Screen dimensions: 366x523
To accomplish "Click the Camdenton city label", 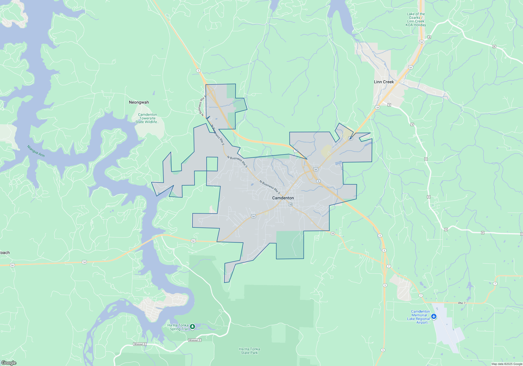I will [283, 198].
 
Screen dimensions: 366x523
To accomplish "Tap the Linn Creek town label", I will [384, 82].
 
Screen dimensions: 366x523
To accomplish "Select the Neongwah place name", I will [139, 102].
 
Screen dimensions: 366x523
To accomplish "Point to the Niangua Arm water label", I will [36, 151].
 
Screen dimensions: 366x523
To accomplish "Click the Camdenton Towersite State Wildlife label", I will [147, 118].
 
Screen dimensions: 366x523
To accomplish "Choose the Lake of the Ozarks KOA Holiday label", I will [416, 20].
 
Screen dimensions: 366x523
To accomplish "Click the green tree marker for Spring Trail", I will [192, 327].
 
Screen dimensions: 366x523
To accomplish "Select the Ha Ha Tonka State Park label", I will [249, 351].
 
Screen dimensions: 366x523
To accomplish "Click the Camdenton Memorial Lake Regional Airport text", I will [419, 317].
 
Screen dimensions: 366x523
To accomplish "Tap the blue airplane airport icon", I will [434, 317].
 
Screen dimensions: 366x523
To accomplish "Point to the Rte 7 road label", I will [462, 303].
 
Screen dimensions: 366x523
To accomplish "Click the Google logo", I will [9, 363].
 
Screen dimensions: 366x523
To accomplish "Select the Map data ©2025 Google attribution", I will [507, 364].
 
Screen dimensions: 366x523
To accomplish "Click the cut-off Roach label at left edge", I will [5, 253].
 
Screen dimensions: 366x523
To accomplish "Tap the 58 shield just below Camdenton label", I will [290, 204].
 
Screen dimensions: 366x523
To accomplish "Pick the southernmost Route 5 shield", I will [383, 350].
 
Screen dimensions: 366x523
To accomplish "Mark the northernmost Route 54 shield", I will [421, 42].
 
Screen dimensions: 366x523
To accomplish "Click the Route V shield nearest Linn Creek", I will [389, 105].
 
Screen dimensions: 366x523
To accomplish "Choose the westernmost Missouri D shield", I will [140, 344].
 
